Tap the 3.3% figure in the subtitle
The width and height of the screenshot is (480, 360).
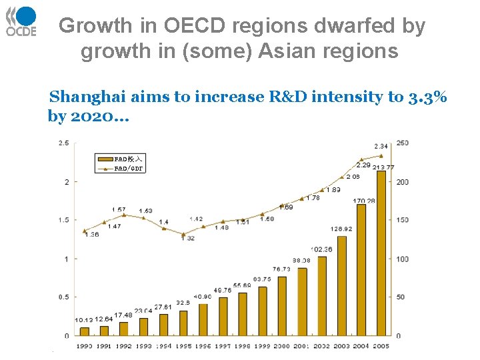coord(428,97)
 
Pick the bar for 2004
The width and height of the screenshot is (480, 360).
coord(361,269)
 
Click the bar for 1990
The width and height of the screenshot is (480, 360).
coord(85,331)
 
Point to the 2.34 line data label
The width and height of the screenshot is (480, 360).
coord(381,146)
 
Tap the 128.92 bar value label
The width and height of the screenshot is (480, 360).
coord(341,229)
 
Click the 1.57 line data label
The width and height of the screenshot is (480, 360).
coord(119,210)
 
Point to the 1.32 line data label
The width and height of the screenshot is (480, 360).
coord(187,238)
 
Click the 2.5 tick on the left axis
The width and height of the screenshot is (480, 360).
coord(64,143)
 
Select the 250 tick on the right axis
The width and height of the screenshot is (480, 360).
coord(403,143)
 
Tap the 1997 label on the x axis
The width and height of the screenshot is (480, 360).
coord(223,346)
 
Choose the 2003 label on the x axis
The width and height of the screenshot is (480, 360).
coord(341,346)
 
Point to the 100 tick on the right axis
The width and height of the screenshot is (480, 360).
coord(403,259)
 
